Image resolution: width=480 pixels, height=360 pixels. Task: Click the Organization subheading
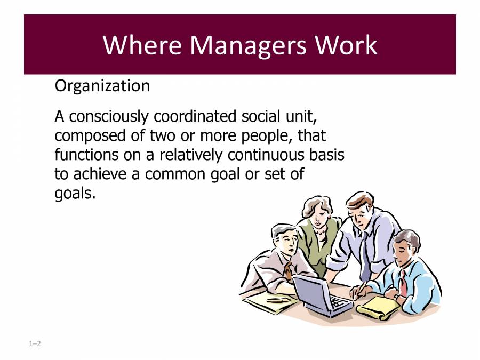click(102, 86)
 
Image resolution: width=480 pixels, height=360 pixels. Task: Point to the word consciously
click(111, 116)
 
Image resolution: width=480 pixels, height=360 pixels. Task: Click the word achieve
click(97, 174)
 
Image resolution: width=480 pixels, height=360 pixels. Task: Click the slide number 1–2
click(35, 344)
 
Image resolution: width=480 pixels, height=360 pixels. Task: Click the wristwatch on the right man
click(395, 296)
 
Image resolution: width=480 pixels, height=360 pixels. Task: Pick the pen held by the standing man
click(362, 288)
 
